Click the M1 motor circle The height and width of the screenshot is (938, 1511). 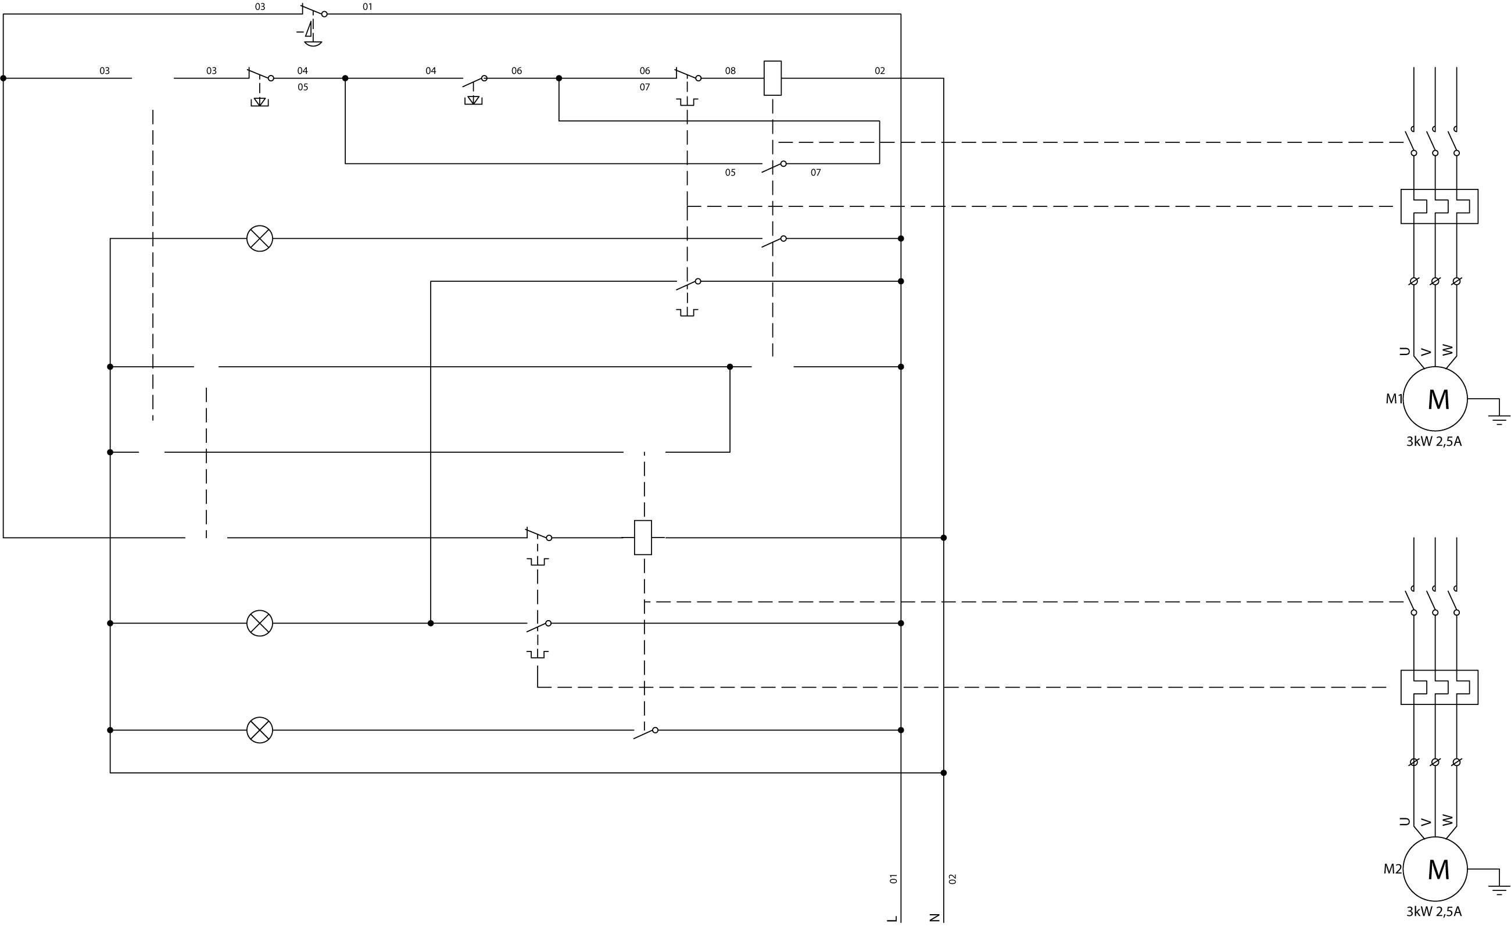(x=1435, y=399)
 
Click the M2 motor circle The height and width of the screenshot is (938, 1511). (x=1435, y=869)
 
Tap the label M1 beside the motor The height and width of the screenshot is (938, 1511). (x=1394, y=399)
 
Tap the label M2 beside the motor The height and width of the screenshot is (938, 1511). (x=1392, y=869)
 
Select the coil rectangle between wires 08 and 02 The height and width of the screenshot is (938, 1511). (x=772, y=78)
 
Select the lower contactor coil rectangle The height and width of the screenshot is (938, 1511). (x=643, y=537)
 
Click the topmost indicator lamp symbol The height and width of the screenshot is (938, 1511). (x=259, y=238)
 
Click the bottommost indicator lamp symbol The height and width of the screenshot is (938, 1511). (x=259, y=730)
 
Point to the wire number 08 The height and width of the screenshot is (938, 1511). (x=730, y=71)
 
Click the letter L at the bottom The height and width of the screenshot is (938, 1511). (x=893, y=918)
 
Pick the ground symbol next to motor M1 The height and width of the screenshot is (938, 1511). (x=1499, y=420)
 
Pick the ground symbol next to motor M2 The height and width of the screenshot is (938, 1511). (x=1499, y=890)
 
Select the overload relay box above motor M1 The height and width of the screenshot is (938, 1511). (x=1439, y=206)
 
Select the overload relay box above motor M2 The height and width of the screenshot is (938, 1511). (x=1439, y=688)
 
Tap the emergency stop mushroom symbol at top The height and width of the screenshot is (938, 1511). (x=313, y=42)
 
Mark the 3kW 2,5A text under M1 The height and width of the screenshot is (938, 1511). (x=1434, y=442)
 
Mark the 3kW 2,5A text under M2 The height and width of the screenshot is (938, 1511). (x=1434, y=912)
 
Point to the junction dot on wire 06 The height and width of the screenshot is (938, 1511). (x=559, y=78)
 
